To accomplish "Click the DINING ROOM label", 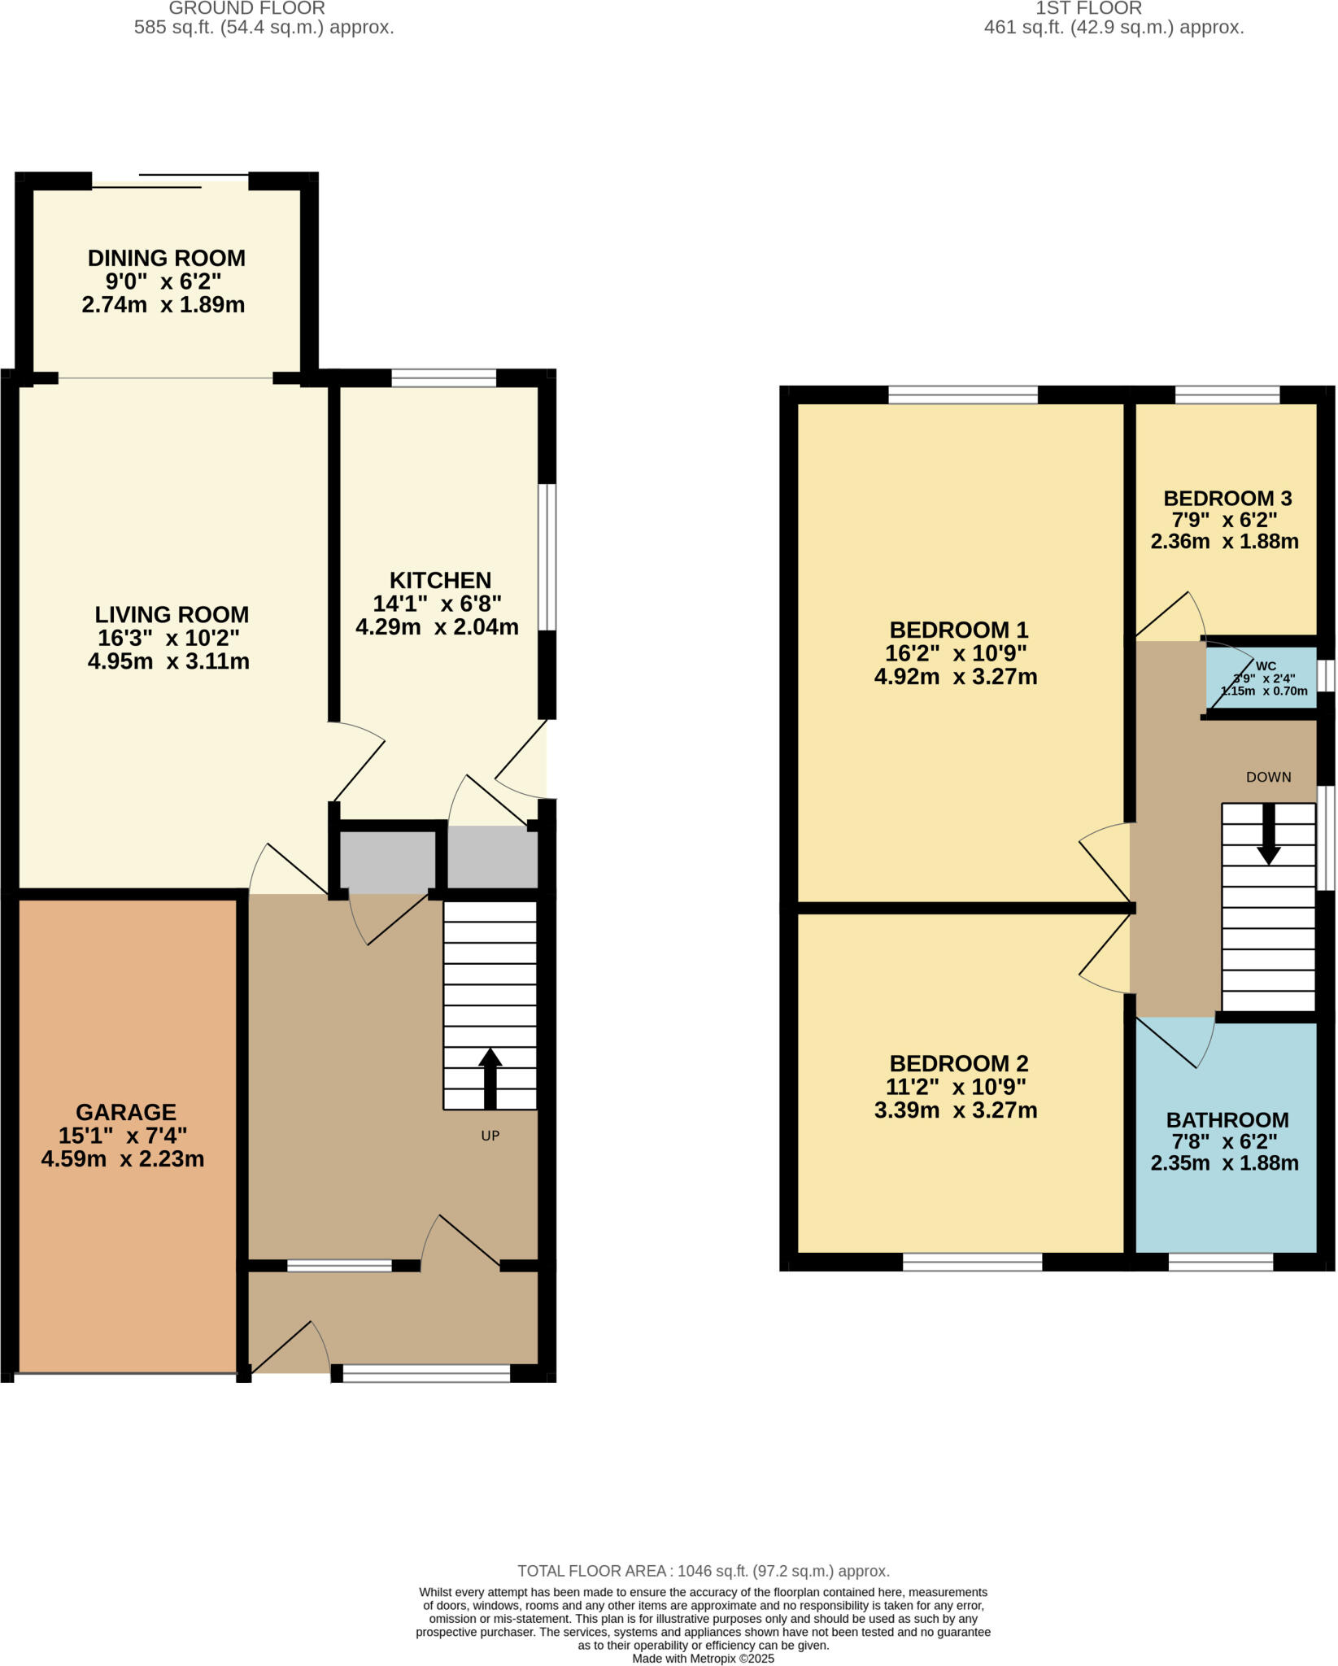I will coord(166,258).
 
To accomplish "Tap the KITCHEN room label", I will coord(440,580).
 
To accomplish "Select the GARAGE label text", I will coord(125,1112).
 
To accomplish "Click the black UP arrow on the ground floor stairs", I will coord(490,1078).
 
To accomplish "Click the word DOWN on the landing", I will coord(1268,777).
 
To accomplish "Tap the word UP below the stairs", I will coord(490,1136).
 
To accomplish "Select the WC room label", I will coord(1266,666).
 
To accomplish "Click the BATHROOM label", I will coord(1227,1120).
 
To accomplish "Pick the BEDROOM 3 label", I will coord(1227,498).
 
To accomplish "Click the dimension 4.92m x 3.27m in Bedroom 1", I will coord(955,677).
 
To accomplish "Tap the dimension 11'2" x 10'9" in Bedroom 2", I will coord(955,1087).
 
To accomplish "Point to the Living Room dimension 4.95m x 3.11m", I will coord(168,661).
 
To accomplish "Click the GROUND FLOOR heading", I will coord(246,9).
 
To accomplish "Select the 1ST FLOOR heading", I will coord(1088,9).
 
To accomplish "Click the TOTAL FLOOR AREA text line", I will coord(703,1571).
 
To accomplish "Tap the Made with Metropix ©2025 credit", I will coord(703,1658).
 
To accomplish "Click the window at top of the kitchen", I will coord(443,377).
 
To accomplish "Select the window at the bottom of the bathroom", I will coord(1220,1262).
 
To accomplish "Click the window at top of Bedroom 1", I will coord(963,395).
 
